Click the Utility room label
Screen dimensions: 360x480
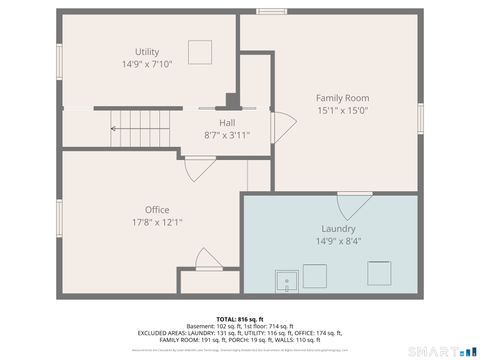tap(147, 52)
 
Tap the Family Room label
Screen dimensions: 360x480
tap(342, 98)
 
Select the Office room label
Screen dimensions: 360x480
tap(157, 209)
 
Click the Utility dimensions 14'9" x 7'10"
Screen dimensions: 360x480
tap(147, 64)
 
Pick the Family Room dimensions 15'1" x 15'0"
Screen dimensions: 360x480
tap(342, 111)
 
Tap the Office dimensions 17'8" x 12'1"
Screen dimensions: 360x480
tap(157, 222)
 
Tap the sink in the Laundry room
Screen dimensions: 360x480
tap(288, 280)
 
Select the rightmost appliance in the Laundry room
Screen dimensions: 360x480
tap(379, 273)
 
